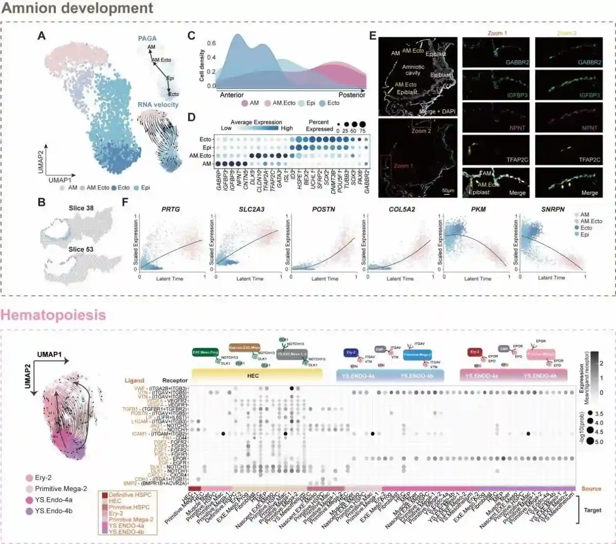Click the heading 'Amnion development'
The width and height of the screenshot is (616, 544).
tap(77, 9)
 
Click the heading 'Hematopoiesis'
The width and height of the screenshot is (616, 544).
tap(53, 314)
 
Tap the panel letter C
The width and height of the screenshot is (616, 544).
tap(191, 35)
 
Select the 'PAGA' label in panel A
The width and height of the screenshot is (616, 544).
tap(147, 39)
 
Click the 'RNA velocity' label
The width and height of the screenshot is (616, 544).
tap(158, 105)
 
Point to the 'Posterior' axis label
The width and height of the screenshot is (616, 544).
tap(352, 95)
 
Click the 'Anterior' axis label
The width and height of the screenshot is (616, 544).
tap(232, 95)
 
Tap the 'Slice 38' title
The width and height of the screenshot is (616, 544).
tap(81, 209)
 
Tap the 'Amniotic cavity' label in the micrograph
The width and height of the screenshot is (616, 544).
tap(413, 70)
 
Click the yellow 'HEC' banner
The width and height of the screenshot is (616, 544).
tap(253, 376)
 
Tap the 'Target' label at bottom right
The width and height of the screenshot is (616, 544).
tap(592, 510)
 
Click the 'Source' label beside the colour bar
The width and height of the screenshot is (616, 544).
tap(591, 489)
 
